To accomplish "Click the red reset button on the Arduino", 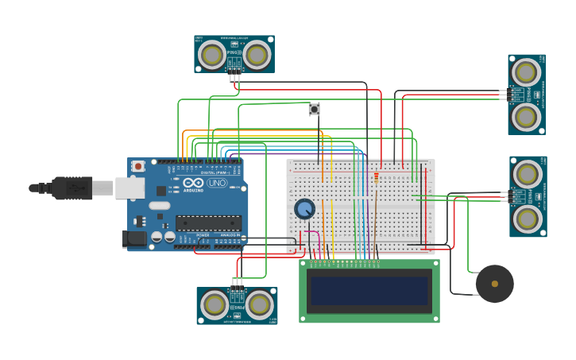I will [x=138, y=166].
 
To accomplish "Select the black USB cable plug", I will [x=72, y=188].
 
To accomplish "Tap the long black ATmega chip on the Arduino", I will [x=208, y=224].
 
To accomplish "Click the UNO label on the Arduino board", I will [x=217, y=184].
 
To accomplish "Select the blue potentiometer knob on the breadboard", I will [x=304, y=209].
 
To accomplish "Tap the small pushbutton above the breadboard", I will [x=314, y=109].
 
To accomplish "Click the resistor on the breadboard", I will [x=376, y=177].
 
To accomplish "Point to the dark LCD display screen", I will [x=369, y=291].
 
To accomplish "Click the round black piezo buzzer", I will [x=494, y=284].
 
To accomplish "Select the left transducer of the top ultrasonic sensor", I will [x=212, y=54].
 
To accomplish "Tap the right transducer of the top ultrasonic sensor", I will [x=257, y=54].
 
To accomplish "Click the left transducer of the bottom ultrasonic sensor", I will [x=215, y=304].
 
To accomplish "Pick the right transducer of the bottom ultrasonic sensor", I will [x=259, y=304].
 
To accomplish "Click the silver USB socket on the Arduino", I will [x=130, y=188].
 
